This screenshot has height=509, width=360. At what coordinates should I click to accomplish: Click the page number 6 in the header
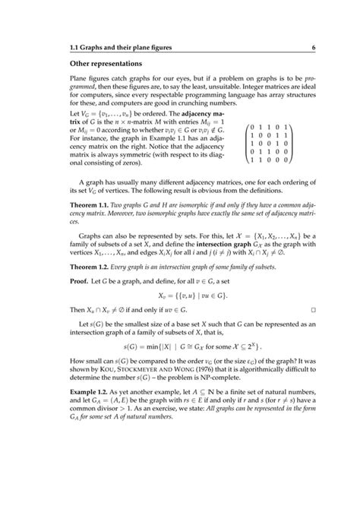312,49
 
